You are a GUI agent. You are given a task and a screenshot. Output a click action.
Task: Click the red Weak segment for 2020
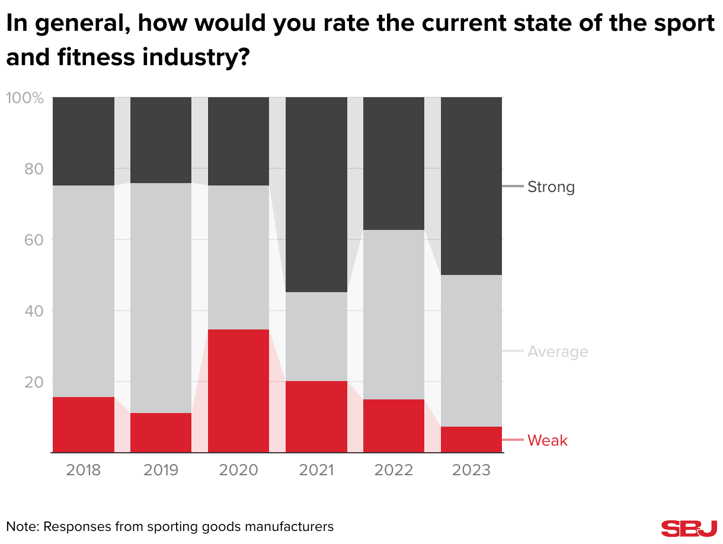pos(239,391)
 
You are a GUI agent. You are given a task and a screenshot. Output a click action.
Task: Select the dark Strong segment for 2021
pos(316,194)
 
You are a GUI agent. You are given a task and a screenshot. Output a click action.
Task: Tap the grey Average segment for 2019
pos(161,298)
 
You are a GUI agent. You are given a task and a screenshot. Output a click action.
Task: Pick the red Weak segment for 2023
pos(472,440)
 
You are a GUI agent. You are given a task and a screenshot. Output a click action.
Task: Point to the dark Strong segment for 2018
pos(84,142)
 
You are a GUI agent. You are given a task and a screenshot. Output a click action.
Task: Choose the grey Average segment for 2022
pos(394,315)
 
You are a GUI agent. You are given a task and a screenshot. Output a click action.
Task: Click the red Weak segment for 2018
pos(84,425)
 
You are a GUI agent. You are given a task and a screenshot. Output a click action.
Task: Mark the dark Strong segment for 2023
pos(472,186)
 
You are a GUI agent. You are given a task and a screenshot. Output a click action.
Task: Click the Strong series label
pos(551,187)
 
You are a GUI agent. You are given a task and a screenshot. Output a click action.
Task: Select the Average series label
pos(558,352)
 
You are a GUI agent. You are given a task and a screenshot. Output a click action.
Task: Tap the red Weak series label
pos(548,441)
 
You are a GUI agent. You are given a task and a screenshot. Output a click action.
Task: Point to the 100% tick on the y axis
pos(25,98)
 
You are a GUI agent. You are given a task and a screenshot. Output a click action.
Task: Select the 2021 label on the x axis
pos(316,471)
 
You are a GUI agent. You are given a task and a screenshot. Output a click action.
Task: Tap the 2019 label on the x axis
pos(161,471)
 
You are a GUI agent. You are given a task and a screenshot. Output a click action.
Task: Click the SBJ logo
pos(689,529)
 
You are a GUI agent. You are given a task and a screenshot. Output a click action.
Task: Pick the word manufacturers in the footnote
pos(290,526)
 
